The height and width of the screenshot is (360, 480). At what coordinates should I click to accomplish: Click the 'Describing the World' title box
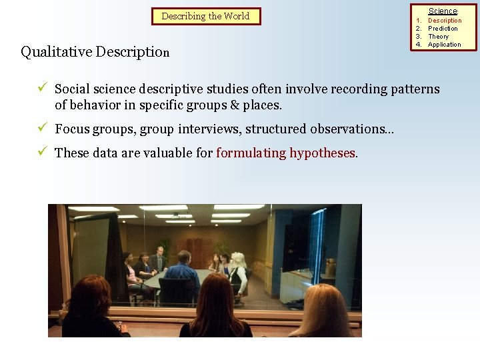pos(205,16)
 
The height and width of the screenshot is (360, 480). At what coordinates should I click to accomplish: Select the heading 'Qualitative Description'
pos(95,52)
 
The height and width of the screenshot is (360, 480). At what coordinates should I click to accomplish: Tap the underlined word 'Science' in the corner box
pos(443,11)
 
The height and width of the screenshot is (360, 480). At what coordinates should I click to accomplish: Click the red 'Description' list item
pos(444,21)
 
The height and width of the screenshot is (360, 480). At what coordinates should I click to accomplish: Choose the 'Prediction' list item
pos(443,29)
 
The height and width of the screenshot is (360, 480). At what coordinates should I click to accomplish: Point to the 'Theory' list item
pos(438,37)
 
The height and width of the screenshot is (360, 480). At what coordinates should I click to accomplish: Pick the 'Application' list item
pos(444,45)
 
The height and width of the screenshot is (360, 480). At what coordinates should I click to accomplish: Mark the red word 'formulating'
pos(251,153)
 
